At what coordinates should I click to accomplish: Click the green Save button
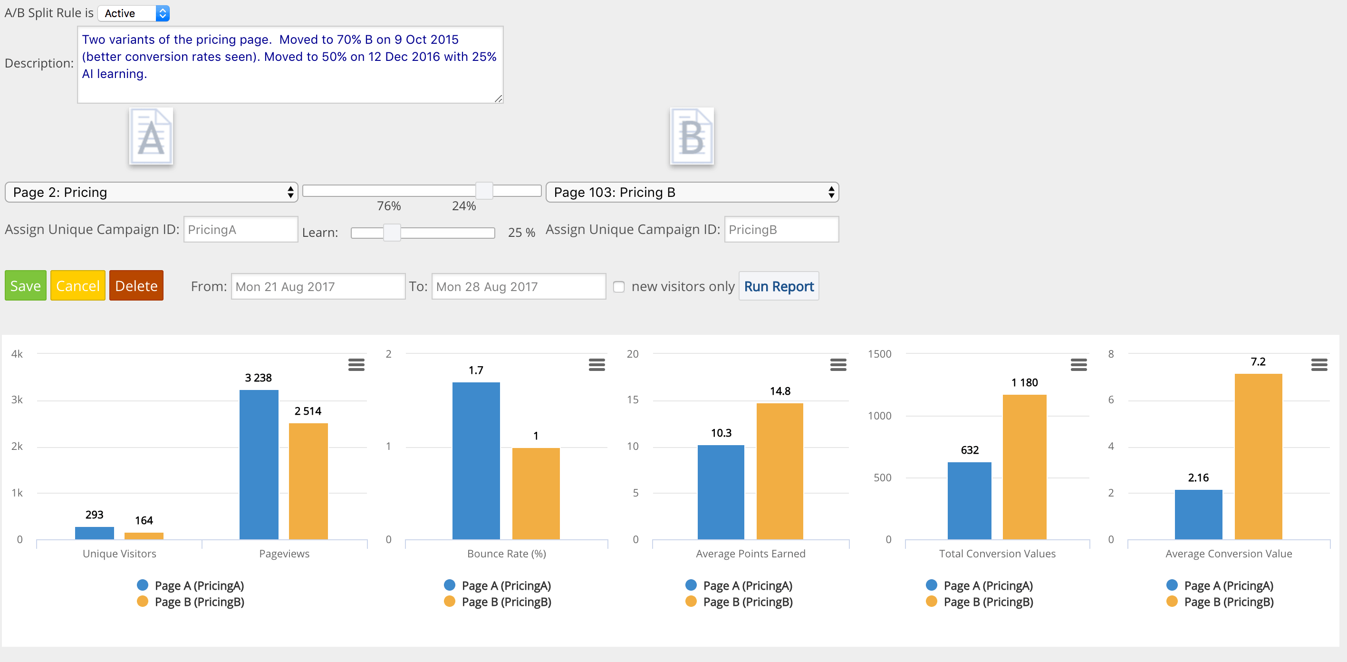coord(26,286)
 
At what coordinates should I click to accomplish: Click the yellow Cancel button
coord(78,286)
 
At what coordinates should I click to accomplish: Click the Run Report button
coord(779,286)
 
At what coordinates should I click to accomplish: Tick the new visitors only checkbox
coord(618,287)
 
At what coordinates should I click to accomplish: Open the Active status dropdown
coord(134,13)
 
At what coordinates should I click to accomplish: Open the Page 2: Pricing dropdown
coord(151,192)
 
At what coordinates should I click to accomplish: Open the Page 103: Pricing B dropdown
coord(692,192)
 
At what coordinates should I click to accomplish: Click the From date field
coord(318,287)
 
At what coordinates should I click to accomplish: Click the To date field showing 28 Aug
coord(518,287)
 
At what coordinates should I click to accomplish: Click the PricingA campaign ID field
coord(241,230)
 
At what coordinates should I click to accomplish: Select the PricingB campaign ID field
coord(781,230)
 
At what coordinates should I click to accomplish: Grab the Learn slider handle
coord(392,233)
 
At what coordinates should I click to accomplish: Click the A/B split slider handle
coord(484,191)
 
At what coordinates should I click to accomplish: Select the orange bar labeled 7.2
coord(1258,456)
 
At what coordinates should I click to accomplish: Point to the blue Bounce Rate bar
coord(476,460)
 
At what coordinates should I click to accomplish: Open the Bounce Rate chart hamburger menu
coord(597,365)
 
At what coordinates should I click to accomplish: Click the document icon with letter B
coord(692,136)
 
